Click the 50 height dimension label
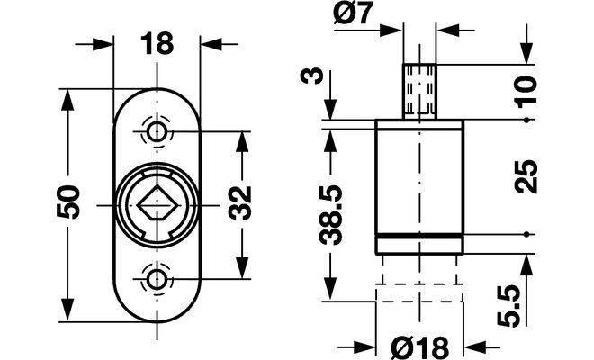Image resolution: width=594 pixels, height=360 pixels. coord(68,202)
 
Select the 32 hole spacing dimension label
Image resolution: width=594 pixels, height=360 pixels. coord(240,203)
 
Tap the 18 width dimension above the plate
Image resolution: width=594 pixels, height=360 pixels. coord(157,43)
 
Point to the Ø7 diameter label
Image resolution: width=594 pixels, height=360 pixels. coord(354,13)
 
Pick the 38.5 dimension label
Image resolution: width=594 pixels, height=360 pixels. coord(330,215)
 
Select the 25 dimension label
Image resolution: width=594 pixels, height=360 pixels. coord(526,177)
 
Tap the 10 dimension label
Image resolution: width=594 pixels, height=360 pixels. coord(526,92)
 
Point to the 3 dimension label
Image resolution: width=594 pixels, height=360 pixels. coord(311,76)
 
